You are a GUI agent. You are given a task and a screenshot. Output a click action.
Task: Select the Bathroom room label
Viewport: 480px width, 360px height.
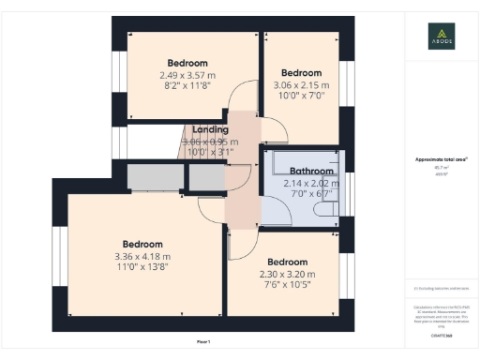[x=311, y=172]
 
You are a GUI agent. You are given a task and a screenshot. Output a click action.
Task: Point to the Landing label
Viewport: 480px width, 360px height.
[x=211, y=130]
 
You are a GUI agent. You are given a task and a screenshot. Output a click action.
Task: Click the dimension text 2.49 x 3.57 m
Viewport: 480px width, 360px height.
[x=187, y=75]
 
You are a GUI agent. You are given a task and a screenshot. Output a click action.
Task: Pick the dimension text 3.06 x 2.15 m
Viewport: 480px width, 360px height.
[x=302, y=84]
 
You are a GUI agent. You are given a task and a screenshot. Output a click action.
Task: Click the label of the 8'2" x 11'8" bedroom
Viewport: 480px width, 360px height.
[x=187, y=64]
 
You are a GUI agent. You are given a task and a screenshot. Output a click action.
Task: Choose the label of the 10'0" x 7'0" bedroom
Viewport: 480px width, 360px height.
[x=302, y=73]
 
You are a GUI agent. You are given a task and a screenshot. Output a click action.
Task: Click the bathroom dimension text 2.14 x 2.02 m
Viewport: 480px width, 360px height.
[x=311, y=184]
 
